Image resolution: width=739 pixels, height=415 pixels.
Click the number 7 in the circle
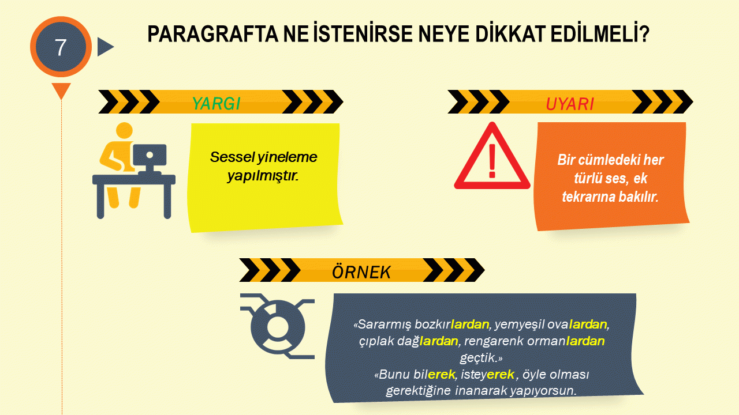[x=61, y=47]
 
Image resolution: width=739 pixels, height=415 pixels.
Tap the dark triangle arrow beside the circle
[x=105, y=47]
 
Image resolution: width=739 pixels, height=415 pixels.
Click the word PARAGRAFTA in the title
[x=213, y=34]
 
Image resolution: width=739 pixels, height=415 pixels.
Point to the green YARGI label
[x=216, y=103]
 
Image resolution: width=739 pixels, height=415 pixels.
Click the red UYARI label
[x=570, y=104]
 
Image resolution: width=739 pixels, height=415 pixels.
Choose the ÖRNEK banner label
[x=361, y=271]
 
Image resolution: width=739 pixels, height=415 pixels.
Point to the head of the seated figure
[x=124, y=131]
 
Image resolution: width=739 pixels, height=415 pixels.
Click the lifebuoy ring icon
[x=278, y=327]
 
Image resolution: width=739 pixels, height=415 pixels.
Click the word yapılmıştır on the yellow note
[x=263, y=176]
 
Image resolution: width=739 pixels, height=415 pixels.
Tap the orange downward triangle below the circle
[x=61, y=89]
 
